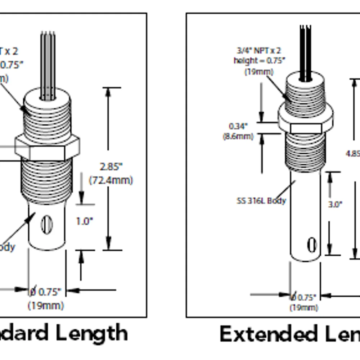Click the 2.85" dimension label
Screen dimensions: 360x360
[x=111, y=167]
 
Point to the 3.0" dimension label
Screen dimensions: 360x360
[x=335, y=204]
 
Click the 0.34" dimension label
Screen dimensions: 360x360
[x=238, y=126]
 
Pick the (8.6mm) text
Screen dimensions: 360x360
[x=238, y=136]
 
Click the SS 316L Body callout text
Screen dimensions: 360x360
[x=261, y=201]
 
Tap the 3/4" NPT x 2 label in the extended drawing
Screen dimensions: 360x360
[x=259, y=50]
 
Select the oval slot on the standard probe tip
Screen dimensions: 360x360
[x=47, y=225]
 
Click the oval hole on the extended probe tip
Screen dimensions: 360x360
[x=312, y=245]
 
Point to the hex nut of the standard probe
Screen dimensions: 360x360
[x=47, y=148]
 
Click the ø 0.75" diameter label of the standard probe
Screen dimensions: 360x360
[x=45, y=292]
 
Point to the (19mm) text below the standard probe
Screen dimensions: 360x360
[x=46, y=306]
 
